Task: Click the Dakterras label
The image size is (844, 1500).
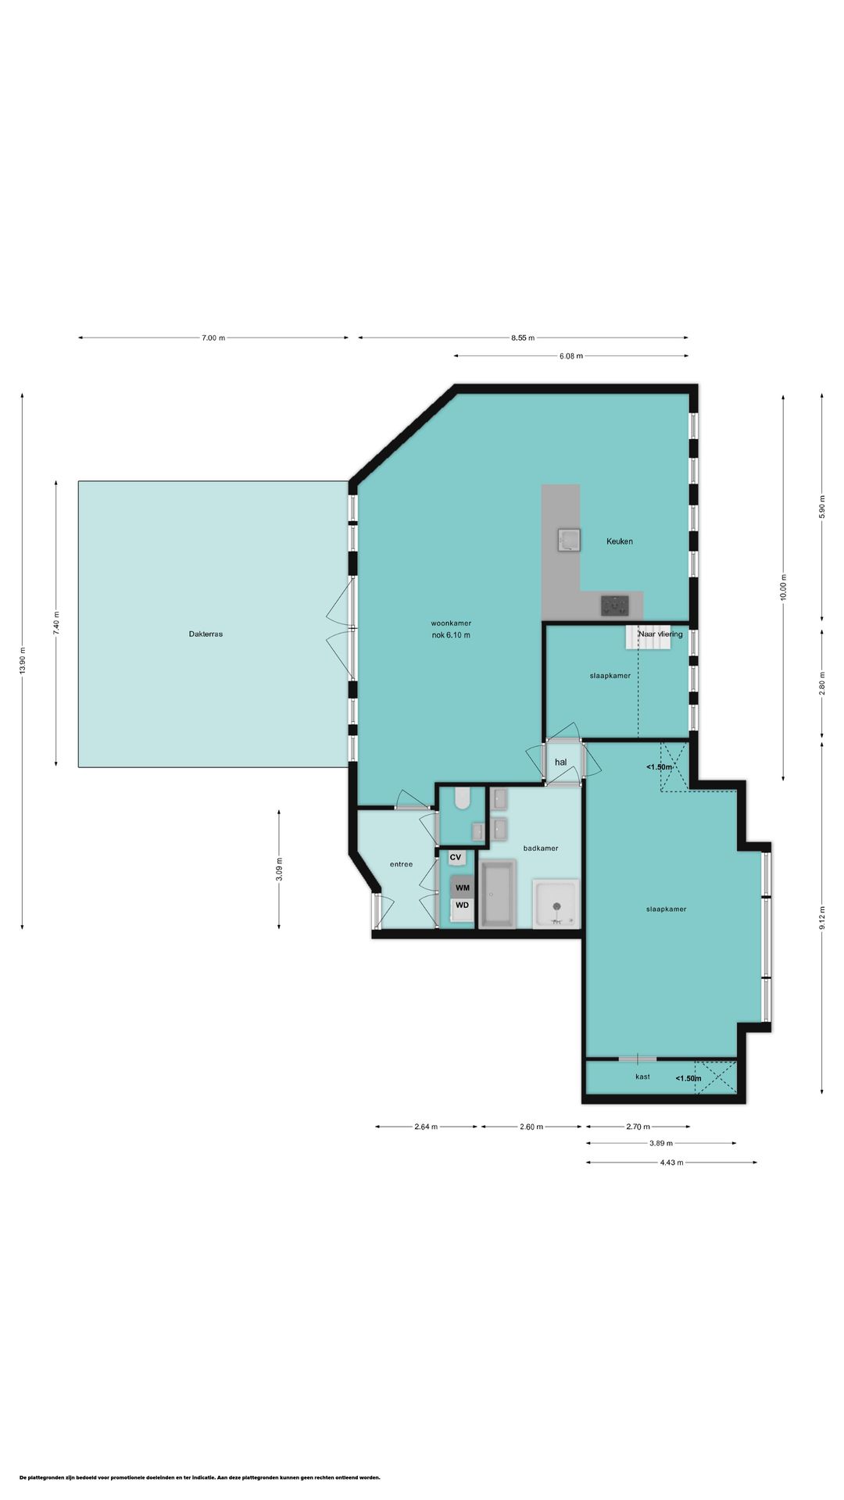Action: pyautogui.click(x=206, y=634)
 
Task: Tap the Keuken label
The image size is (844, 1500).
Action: pyautogui.click(x=620, y=541)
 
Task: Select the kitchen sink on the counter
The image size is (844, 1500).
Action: pyautogui.click(x=569, y=540)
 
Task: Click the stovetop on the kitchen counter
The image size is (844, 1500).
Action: pyautogui.click(x=615, y=605)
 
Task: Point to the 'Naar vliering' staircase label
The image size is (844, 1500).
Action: pyautogui.click(x=660, y=634)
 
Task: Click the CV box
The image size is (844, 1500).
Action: pyautogui.click(x=456, y=858)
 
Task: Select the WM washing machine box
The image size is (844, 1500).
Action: pyautogui.click(x=463, y=887)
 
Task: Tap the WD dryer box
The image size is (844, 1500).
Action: pyautogui.click(x=463, y=905)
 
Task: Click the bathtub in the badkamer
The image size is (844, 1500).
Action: pyautogui.click(x=498, y=894)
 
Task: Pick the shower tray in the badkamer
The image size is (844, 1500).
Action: pyautogui.click(x=556, y=904)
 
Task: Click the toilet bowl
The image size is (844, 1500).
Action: pyautogui.click(x=460, y=798)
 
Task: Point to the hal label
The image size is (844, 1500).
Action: pyautogui.click(x=560, y=762)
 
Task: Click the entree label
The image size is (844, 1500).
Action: pyautogui.click(x=401, y=864)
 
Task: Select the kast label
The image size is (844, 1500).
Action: pyautogui.click(x=643, y=1077)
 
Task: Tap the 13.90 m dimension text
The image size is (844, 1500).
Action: pyautogui.click(x=23, y=662)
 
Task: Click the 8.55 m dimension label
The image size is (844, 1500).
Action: pyautogui.click(x=523, y=338)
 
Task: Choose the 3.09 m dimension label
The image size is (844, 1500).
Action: pyautogui.click(x=279, y=870)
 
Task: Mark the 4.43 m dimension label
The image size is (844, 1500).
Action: pyautogui.click(x=671, y=1162)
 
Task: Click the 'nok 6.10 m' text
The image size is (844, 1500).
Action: pyautogui.click(x=451, y=635)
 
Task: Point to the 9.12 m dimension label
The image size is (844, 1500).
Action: pyautogui.click(x=821, y=919)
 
